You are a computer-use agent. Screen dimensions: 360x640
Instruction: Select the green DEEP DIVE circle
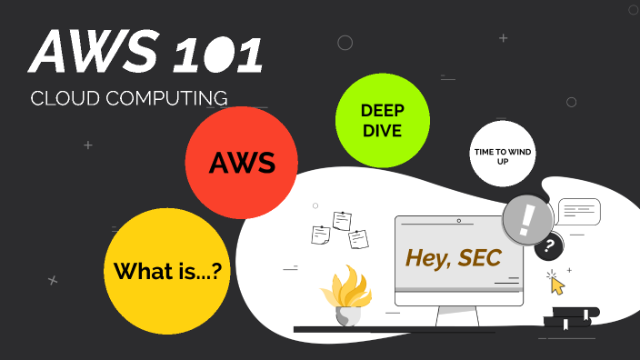[x=382, y=120]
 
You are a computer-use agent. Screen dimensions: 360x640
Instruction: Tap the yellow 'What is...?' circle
[x=168, y=271]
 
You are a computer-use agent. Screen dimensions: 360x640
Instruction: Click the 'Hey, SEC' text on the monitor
[x=453, y=258]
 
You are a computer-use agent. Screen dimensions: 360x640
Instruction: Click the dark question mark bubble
[x=549, y=245]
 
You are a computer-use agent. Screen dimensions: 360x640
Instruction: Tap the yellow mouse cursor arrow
[x=557, y=285]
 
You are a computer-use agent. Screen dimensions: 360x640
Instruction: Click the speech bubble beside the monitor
[x=579, y=211]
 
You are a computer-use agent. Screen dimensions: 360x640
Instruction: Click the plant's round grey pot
[x=346, y=315]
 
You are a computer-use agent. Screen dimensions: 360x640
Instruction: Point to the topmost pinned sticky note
[x=342, y=220]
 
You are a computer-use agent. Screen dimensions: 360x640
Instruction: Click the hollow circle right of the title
[x=345, y=43]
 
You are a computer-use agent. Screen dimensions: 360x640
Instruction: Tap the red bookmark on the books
[x=587, y=315]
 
